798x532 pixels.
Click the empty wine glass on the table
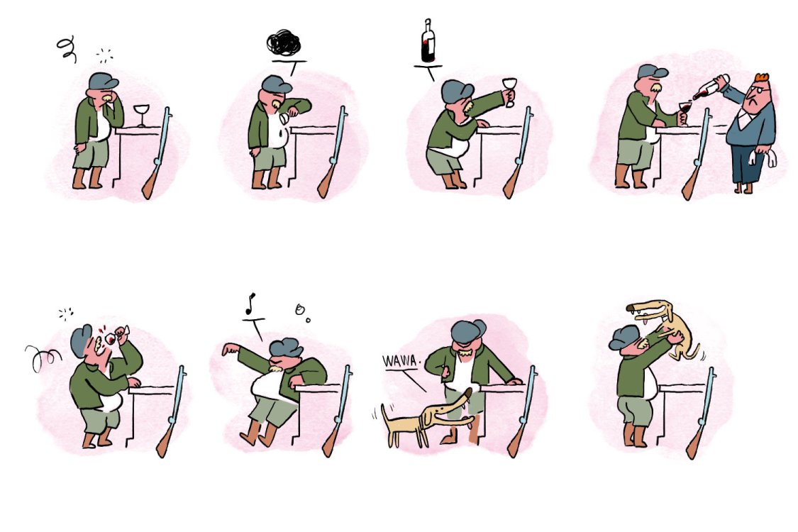(x=142, y=114)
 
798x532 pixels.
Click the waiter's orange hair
(x=762, y=77)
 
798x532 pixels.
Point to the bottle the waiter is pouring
(x=709, y=90)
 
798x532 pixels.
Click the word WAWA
(x=401, y=360)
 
